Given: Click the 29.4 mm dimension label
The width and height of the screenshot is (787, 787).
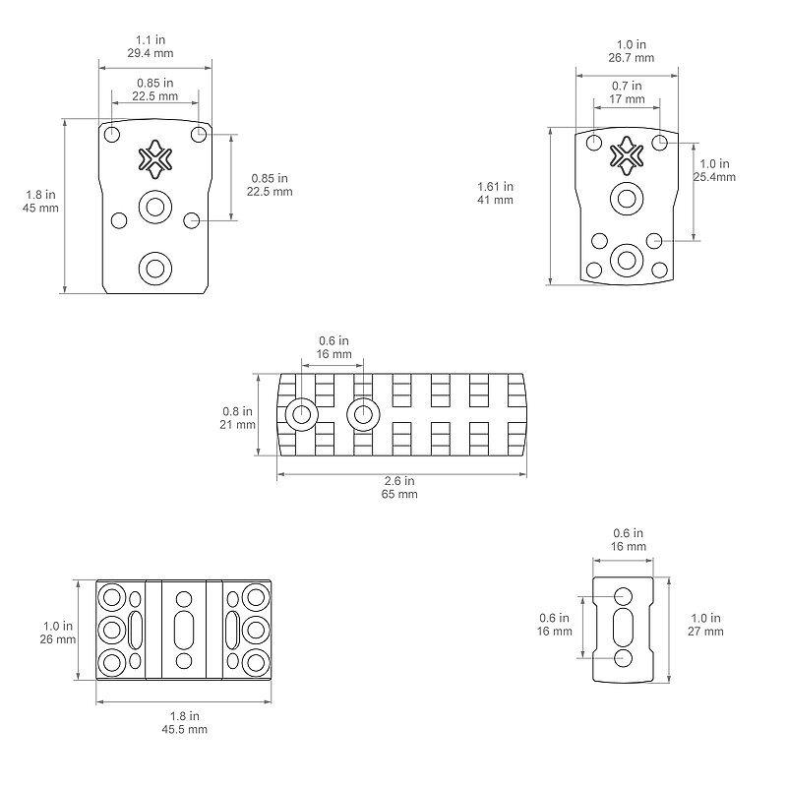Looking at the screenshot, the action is pyautogui.click(x=151, y=53).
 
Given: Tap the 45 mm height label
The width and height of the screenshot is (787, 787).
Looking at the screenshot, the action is pyautogui.click(x=40, y=208).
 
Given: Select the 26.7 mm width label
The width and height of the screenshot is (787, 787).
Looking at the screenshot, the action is pyautogui.click(x=632, y=58).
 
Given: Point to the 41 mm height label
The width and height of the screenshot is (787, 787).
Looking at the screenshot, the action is pyautogui.click(x=496, y=200).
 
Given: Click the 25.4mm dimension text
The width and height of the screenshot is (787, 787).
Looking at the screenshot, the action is pyautogui.click(x=715, y=177).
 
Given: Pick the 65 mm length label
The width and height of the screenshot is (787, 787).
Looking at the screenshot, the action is pyautogui.click(x=399, y=494).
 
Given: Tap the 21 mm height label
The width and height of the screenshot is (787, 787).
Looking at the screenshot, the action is pyautogui.click(x=237, y=425).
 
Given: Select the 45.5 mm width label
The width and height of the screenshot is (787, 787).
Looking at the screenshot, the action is pyautogui.click(x=184, y=729).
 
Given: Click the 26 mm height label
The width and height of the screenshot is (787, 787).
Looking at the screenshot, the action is pyautogui.click(x=58, y=639).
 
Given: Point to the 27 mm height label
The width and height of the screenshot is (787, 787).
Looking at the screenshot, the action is pyautogui.click(x=705, y=632).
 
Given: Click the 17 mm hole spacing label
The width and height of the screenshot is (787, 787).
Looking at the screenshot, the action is pyautogui.click(x=627, y=99).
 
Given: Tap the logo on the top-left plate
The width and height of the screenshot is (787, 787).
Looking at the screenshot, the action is pyautogui.click(x=155, y=159).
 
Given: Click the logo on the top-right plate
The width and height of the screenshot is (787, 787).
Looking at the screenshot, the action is pyautogui.click(x=627, y=155).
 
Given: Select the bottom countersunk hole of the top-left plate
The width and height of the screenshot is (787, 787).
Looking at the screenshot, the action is pyautogui.click(x=155, y=269).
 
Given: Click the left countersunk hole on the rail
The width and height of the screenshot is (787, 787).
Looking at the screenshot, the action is pyautogui.click(x=302, y=414).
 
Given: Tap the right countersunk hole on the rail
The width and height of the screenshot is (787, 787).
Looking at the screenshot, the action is pyautogui.click(x=363, y=414).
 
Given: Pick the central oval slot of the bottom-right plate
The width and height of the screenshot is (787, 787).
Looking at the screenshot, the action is pyautogui.click(x=623, y=627).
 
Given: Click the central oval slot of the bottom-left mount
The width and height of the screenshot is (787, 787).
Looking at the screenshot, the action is pyautogui.click(x=184, y=630).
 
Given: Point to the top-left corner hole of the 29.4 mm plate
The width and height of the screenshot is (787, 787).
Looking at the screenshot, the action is pyautogui.click(x=112, y=135).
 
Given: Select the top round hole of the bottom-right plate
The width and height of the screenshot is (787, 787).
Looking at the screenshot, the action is pyautogui.click(x=623, y=596).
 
